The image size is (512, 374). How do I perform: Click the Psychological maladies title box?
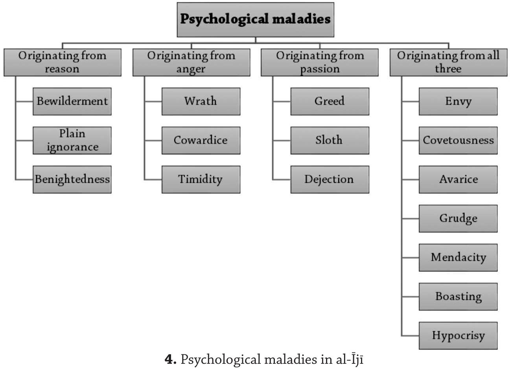click(255, 20)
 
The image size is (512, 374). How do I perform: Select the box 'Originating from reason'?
click(63, 62)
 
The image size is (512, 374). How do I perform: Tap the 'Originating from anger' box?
click(192, 62)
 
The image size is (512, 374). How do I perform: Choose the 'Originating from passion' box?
click(320, 62)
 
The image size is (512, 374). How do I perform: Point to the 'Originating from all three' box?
click(448, 62)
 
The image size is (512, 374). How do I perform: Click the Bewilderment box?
click(72, 101)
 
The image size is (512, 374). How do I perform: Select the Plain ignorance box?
click(72, 140)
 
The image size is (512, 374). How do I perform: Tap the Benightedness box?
click(72, 179)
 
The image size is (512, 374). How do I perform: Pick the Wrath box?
click(201, 101)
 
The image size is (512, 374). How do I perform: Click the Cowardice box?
click(201, 140)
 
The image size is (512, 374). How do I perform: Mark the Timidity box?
click(201, 179)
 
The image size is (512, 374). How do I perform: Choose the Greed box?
click(330, 101)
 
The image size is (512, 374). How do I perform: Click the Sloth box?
click(330, 140)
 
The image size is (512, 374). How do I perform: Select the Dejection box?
click(330, 179)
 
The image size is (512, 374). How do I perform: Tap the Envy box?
click(458, 101)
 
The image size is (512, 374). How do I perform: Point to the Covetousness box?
click(458, 140)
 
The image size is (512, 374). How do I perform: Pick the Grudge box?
click(458, 219)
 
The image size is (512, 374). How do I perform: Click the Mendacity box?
click(458, 258)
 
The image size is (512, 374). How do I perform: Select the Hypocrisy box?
click(458, 335)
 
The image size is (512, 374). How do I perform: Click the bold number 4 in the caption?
click(169, 359)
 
